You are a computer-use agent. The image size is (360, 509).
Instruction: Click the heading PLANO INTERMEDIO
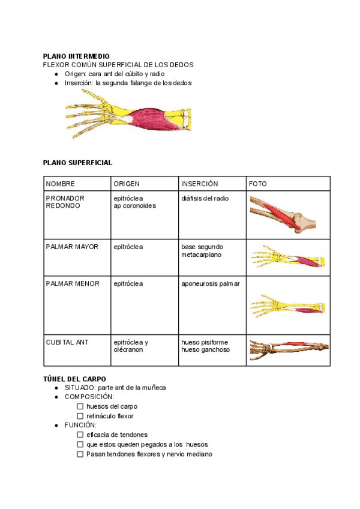[x=76, y=56]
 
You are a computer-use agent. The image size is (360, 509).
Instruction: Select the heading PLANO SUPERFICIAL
[x=77, y=163]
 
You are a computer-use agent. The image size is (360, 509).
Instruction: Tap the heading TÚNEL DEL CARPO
[x=74, y=379]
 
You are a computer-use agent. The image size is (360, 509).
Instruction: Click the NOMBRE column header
[x=61, y=184]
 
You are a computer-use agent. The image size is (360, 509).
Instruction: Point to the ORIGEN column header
[x=127, y=184]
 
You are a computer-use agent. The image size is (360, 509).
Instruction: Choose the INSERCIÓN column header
[x=199, y=184]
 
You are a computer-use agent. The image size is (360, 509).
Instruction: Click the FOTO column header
[x=257, y=184]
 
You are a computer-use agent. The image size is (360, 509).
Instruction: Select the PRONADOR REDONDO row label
[x=65, y=202]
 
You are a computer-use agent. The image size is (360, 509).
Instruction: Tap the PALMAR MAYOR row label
[x=72, y=247]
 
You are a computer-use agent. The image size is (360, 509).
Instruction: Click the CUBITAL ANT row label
[x=67, y=342]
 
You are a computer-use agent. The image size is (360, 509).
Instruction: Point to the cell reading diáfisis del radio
[x=205, y=198]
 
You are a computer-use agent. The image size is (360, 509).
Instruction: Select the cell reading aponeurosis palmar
[x=210, y=283]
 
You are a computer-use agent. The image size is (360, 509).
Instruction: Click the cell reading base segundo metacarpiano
[x=202, y=250]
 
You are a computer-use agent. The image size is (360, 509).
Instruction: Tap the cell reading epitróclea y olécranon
[x=131, y=346]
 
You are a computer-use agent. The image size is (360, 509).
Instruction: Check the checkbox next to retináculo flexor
[x=80, y=416]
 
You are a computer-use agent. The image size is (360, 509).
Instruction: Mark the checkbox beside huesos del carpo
[x=80, y=406]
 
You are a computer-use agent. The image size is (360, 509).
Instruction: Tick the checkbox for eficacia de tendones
[x=80, y=435]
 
